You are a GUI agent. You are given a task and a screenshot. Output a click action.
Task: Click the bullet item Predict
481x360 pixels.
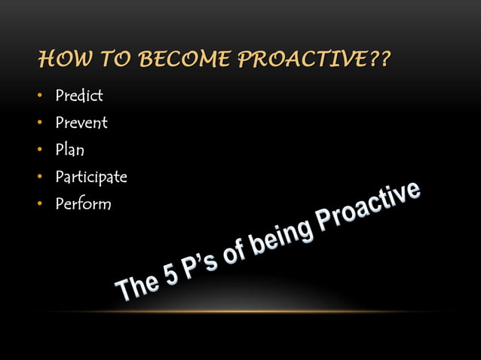pos(79,96)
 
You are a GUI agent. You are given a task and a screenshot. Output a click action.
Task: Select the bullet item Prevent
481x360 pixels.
pos(81,123)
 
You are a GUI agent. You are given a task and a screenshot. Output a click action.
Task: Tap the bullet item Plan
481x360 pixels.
pos(69,150)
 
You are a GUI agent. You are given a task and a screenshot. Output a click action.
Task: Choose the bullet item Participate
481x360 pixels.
pos(91,177)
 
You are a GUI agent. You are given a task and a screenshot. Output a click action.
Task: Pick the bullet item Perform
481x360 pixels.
pos(83,204)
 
